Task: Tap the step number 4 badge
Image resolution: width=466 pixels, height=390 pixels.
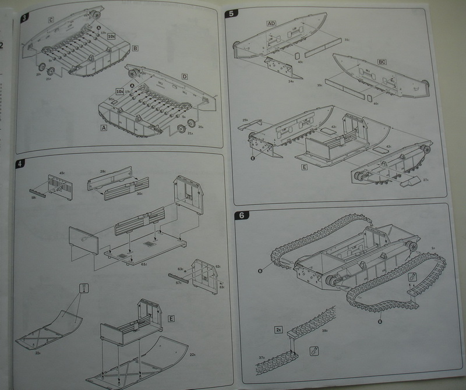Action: (22, 164)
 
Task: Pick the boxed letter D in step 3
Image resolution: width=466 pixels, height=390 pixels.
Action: (184, 77)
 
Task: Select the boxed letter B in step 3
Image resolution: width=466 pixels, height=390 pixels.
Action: (135, 48)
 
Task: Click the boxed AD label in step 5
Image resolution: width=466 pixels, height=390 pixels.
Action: (271, 23)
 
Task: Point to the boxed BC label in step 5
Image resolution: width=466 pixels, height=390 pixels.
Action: (382, 61)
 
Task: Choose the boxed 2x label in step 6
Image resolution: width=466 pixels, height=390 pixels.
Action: (278, 329)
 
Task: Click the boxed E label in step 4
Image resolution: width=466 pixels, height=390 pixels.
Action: (171, 318)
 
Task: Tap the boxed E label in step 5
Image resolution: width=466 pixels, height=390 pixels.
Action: (304, 167)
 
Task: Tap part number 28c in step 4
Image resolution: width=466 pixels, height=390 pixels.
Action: (103, 172)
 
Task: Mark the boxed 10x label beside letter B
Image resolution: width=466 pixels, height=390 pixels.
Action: (112, 36)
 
